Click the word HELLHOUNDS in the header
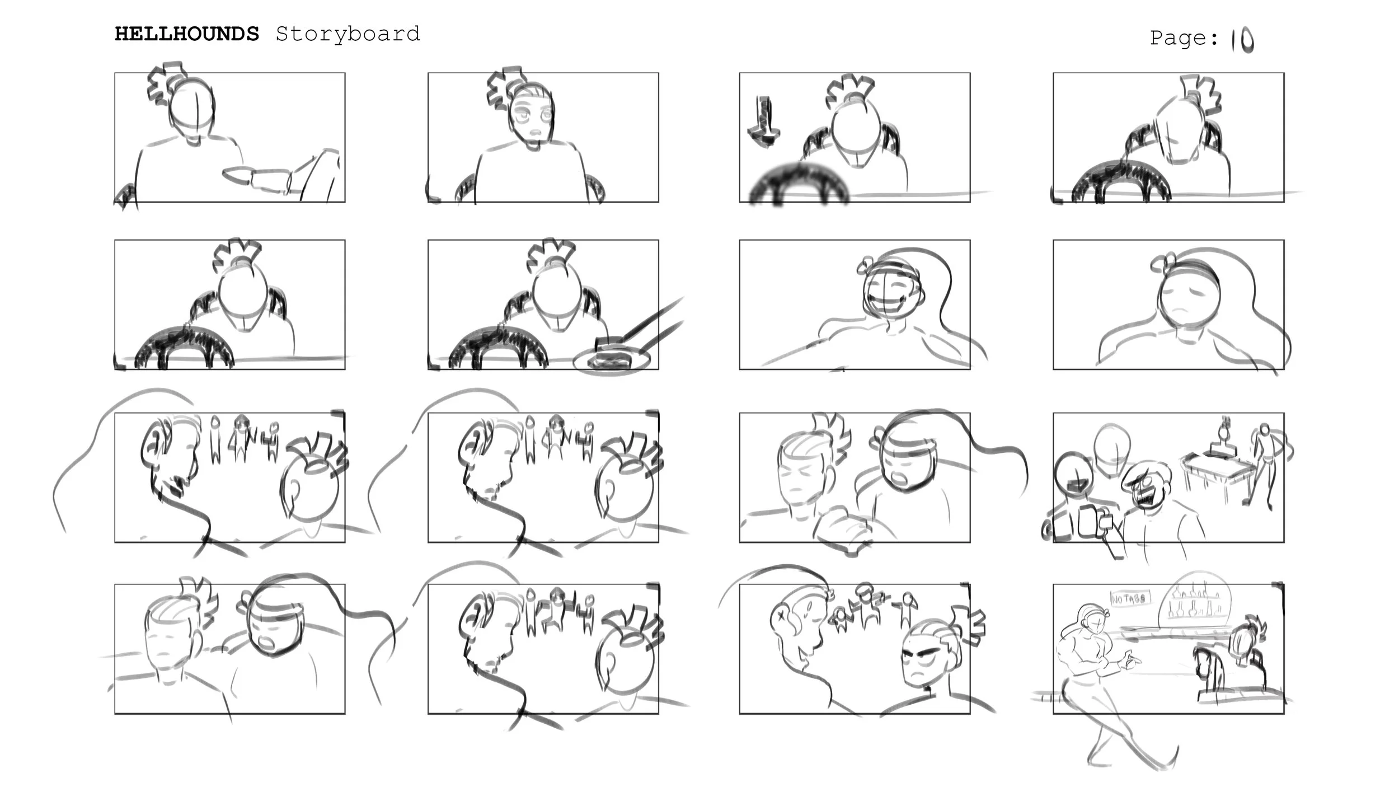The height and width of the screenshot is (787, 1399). (187, 34)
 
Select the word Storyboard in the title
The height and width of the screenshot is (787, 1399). (348, 34)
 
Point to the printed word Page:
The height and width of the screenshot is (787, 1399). (1184, 38)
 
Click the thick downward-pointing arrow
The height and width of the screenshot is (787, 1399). (763, 122)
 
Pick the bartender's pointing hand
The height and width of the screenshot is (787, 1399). (1128, 662)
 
